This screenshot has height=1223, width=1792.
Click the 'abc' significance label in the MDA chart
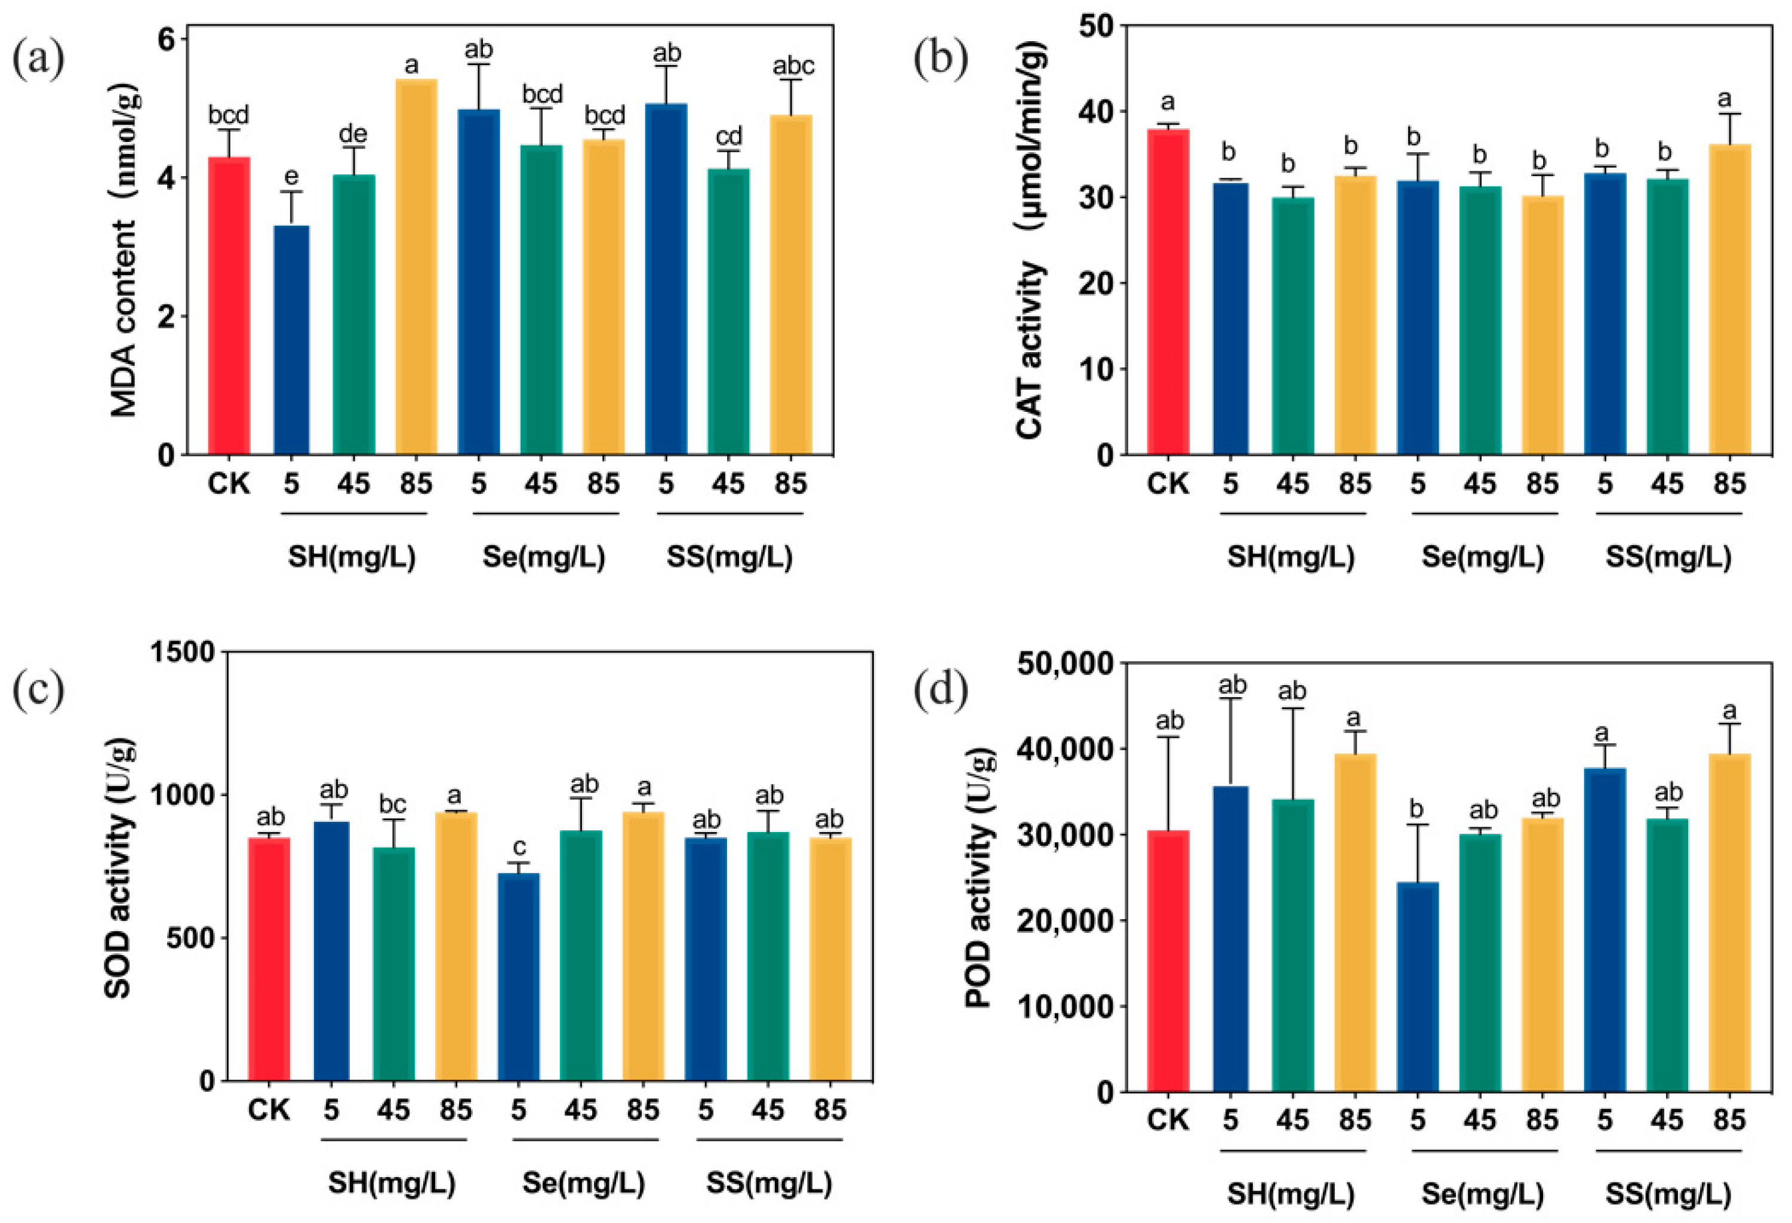point(793,66)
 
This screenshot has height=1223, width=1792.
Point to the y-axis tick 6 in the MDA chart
point(166,39)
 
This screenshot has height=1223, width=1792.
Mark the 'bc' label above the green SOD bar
point(392,804)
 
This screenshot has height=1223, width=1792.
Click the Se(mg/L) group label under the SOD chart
point(584,1182)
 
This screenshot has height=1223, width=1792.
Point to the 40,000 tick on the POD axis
point(1065,748)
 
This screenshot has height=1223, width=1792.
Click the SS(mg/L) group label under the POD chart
point(1668,1194)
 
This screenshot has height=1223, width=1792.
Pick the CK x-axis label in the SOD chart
point(269,1110)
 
